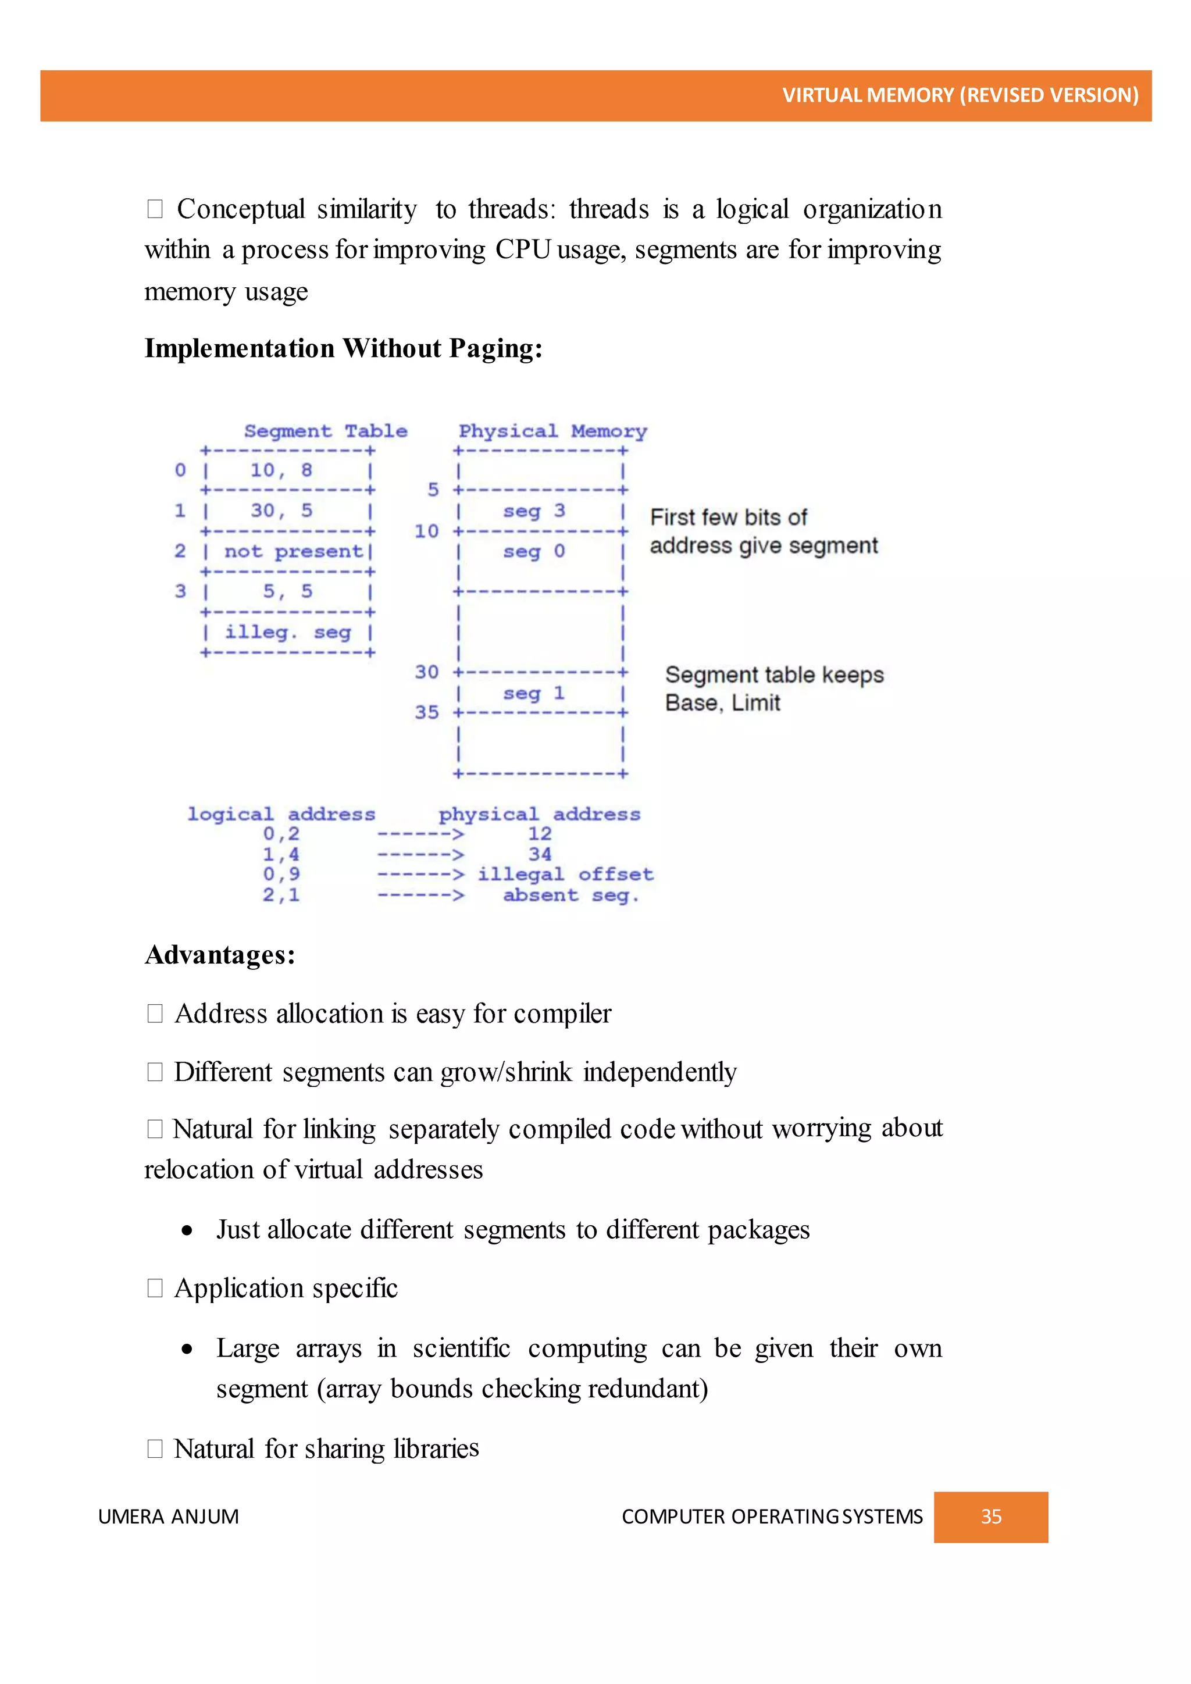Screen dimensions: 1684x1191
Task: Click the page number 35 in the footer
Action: click(991, 1517)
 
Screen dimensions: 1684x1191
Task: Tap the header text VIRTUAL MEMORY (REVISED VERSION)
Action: click(960, 95)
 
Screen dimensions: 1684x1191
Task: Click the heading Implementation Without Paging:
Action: click(343, 348)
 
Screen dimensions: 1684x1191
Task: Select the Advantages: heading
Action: click(220, 955)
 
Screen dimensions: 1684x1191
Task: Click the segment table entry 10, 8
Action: click(281, 470)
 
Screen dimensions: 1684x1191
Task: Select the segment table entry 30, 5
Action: click(281, 511)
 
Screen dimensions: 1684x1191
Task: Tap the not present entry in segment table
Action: click(293, 551)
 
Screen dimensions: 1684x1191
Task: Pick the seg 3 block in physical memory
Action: click(534, 511)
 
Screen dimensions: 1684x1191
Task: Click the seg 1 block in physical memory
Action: click(534, 693)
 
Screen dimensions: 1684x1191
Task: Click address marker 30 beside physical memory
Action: click(427, 672)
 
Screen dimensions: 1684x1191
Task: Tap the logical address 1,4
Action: click(281, 854)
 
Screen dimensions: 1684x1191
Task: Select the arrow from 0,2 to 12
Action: click(420, 834)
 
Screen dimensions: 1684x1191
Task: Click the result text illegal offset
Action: click(565, 874)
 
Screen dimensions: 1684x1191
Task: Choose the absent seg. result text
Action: click(570, 895)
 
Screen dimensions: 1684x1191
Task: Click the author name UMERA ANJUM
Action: click(169, 1517)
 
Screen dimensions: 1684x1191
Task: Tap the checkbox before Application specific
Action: click(155, 1288)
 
